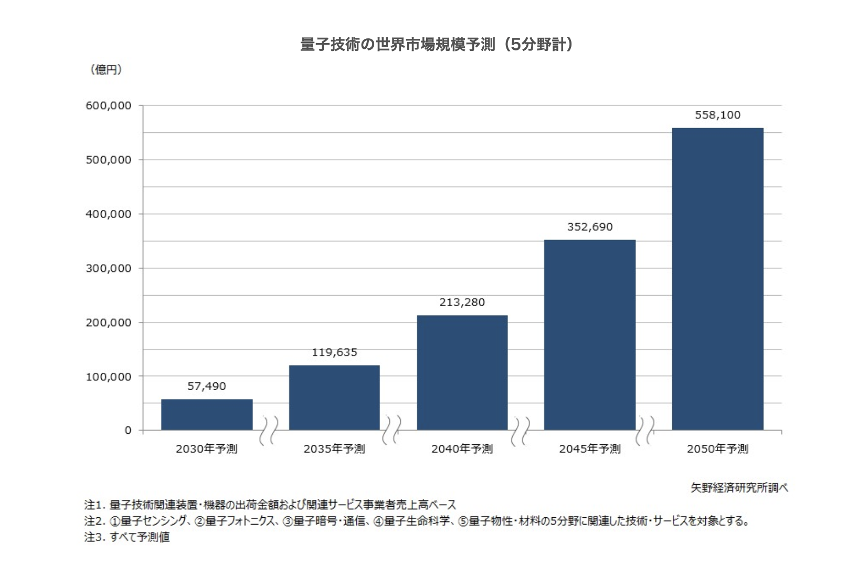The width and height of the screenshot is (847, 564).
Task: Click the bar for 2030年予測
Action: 207,414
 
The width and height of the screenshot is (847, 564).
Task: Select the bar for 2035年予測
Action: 334,398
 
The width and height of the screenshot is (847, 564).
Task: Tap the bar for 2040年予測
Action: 462,372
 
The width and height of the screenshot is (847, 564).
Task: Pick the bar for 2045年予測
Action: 590,335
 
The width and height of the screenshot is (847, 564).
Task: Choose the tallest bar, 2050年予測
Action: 717,279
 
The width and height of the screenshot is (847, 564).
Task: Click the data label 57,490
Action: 207,386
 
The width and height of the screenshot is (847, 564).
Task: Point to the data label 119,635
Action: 334,352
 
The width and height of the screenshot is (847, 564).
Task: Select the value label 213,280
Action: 462,302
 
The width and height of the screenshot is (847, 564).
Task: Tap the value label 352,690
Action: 590,227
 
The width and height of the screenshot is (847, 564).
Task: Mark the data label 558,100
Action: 717,115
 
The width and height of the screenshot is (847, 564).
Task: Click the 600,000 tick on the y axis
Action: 109,106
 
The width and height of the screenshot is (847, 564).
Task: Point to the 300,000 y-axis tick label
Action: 109,268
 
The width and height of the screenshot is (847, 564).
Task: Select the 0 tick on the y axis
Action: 128,431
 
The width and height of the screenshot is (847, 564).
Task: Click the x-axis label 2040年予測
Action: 462,449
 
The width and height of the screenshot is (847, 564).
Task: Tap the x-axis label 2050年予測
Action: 717,449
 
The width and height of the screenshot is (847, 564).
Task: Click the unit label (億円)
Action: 106,69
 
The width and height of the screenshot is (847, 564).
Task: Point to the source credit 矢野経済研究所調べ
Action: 739,488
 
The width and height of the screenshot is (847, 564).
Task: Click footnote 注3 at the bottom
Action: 127,537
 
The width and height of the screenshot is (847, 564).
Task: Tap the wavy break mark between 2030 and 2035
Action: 269,430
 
